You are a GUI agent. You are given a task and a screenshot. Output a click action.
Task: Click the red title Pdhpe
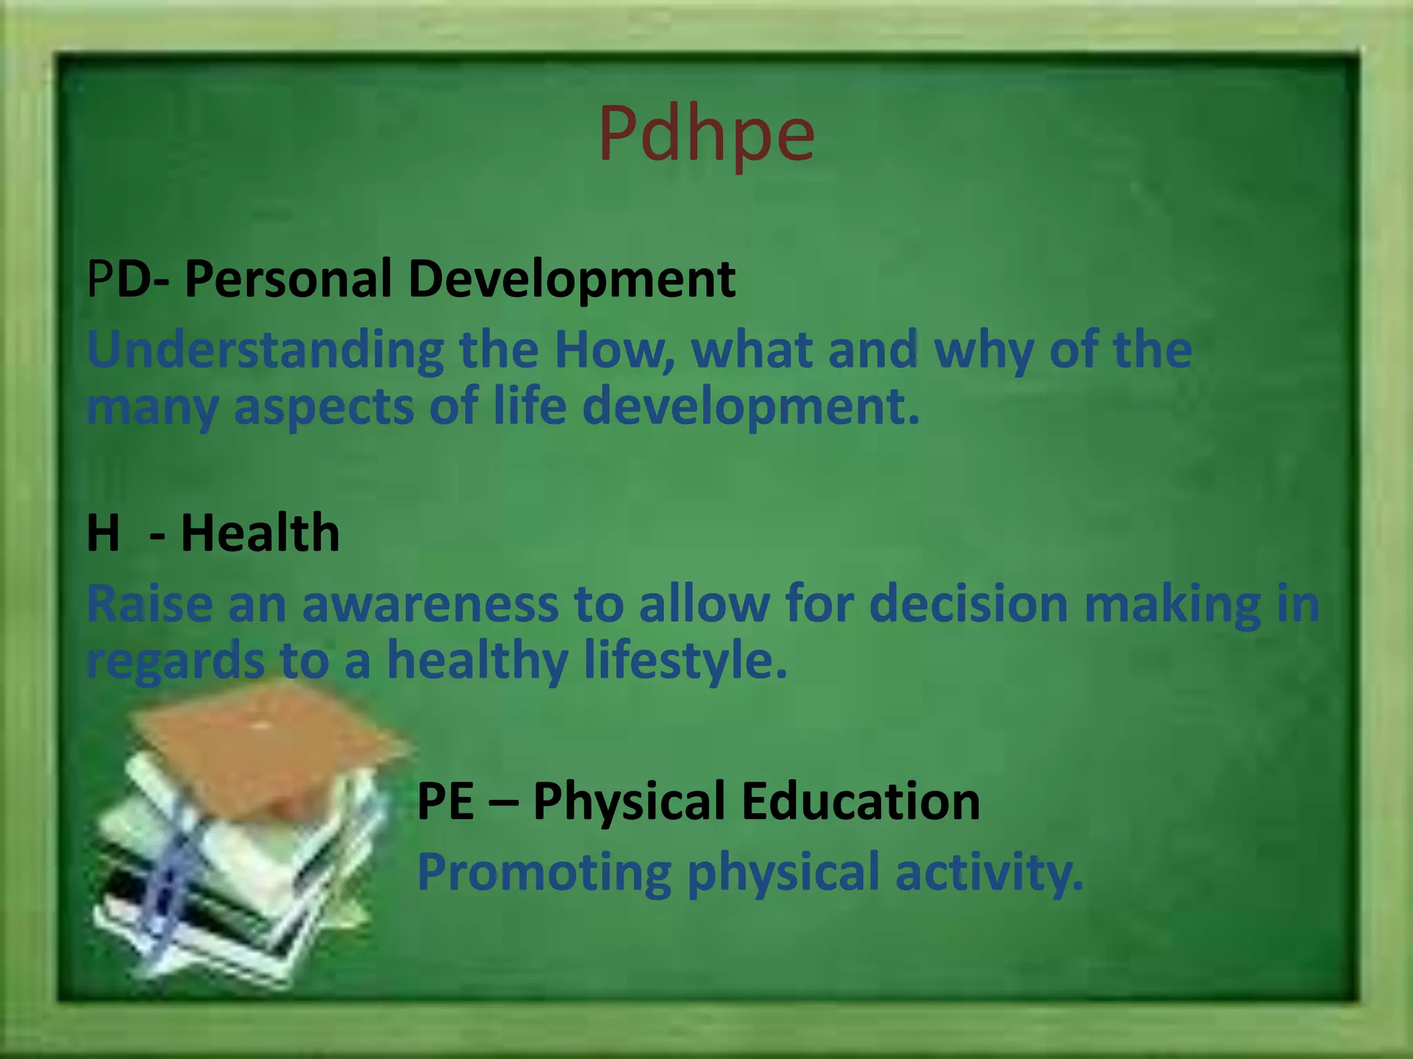(x=706, y=134)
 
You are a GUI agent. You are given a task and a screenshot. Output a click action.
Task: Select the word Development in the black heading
(x=571, y=279)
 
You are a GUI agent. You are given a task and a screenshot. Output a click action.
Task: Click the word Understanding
(x=265, y=350)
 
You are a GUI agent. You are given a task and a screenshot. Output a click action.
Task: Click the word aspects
(x=324, y=407)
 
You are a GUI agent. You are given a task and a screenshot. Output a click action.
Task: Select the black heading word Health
(x=260, y=534)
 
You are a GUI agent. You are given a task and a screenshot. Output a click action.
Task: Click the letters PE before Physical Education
(x=446, y=801)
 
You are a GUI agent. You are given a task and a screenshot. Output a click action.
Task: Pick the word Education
(x=860, y=801)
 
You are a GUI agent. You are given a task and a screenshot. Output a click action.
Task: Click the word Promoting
(x=544, y=873)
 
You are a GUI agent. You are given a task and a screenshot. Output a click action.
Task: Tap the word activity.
(x=989, y=873)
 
